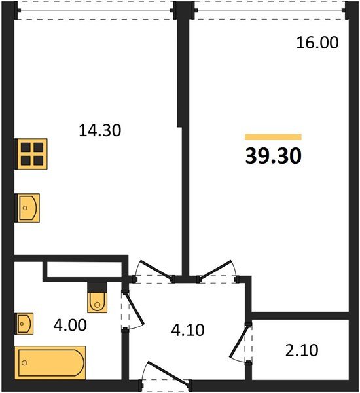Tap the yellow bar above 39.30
tap(273, 137)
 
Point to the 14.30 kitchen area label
tap(100, 130)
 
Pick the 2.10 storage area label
tap(302, 350)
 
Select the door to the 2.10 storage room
tap(240, 342)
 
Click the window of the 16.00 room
tap(270, 11)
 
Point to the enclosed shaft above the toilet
tap(84, 269)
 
